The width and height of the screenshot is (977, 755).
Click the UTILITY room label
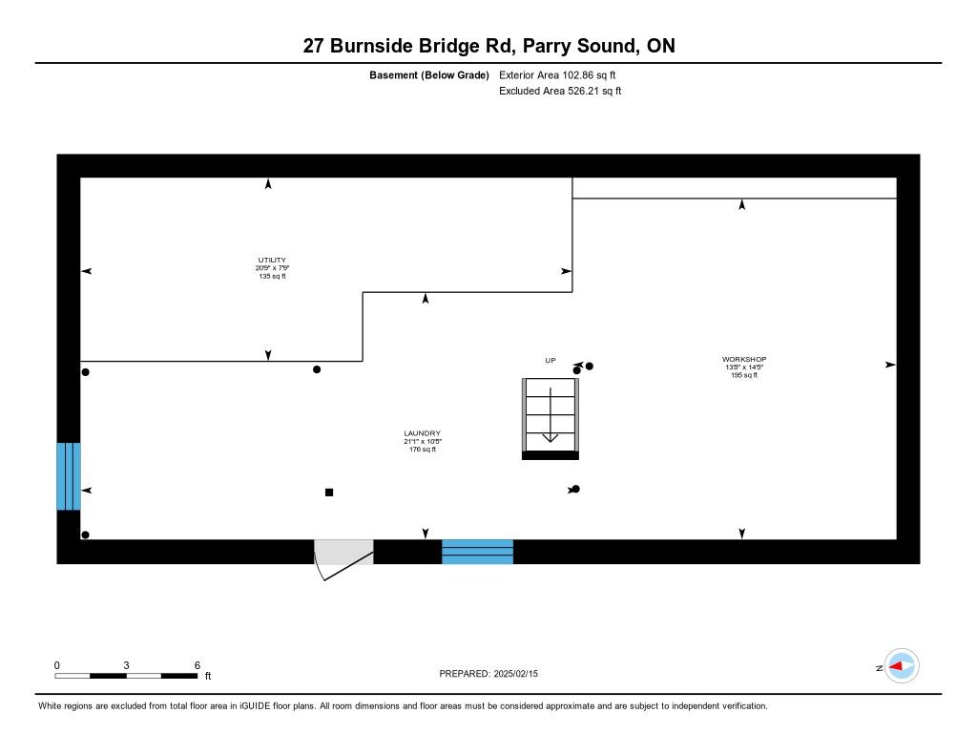(272, 260)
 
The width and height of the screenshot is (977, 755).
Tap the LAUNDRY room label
(422, 433)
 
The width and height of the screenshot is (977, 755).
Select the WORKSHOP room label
(744, 359)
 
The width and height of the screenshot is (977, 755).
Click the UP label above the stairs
(550, 360)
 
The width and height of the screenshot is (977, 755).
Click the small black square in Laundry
(329, 493)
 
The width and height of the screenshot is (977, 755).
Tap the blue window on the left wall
(68, 476)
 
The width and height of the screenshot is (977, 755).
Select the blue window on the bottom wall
(477, 552)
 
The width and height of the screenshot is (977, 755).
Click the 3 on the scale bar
(126, 664)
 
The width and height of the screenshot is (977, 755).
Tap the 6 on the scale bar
(196, 664)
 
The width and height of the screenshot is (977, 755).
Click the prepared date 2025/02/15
(522, 674)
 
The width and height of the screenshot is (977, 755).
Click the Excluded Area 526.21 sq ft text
(560, 92)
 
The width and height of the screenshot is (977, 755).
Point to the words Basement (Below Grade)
(429, 74)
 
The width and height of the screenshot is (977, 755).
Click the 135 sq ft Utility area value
(272, 276)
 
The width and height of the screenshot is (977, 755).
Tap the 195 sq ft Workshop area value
(744, 375)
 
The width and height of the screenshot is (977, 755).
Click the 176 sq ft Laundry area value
(422, 450)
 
